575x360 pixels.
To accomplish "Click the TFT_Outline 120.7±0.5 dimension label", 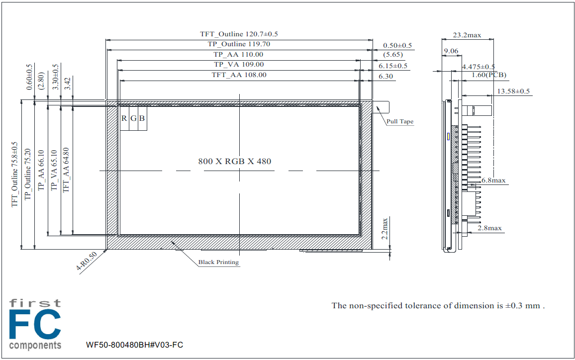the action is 239,34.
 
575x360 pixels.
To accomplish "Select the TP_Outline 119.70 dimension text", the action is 239,44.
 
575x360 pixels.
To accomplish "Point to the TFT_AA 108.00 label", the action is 239,75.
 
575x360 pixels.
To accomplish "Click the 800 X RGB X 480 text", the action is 235,161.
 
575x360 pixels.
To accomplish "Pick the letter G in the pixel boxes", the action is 133,118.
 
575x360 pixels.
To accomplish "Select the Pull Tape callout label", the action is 400,121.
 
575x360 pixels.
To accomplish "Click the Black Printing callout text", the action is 218,262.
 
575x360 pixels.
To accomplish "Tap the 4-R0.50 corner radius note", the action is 87,261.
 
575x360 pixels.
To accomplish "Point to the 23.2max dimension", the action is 467,35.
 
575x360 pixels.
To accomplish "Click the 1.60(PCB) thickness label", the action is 488,75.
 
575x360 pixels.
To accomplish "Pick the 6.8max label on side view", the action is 493,180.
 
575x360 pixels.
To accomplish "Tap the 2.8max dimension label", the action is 489,228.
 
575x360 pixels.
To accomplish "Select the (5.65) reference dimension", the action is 393,55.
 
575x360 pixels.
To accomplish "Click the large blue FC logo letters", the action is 35,325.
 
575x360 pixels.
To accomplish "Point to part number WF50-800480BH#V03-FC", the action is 134,345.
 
